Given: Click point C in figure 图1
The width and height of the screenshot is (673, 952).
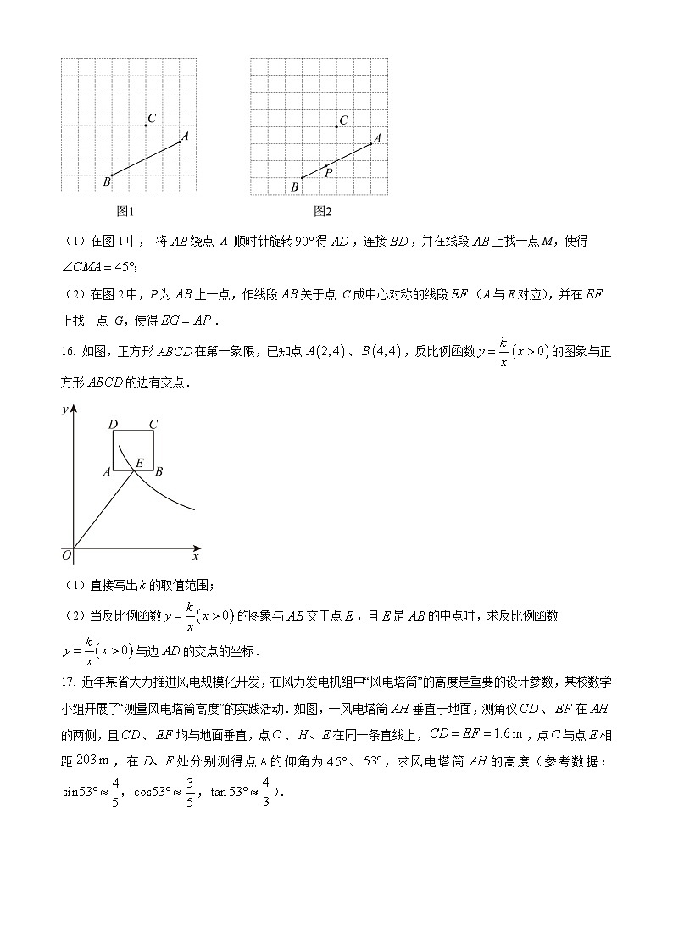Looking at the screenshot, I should (146, 125).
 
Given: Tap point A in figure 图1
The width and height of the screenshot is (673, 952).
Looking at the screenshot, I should (180, 142).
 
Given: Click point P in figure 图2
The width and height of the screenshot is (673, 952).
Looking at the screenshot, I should (326, 166).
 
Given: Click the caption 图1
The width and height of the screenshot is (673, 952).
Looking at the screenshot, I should (125, 211).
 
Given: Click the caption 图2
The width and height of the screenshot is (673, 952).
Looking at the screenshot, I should (322, 211).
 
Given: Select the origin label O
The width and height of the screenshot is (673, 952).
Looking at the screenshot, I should (66, 555).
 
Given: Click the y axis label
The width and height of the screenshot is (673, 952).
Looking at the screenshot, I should (64, 409).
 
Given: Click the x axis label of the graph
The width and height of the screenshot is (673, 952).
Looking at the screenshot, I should (195, 557).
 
